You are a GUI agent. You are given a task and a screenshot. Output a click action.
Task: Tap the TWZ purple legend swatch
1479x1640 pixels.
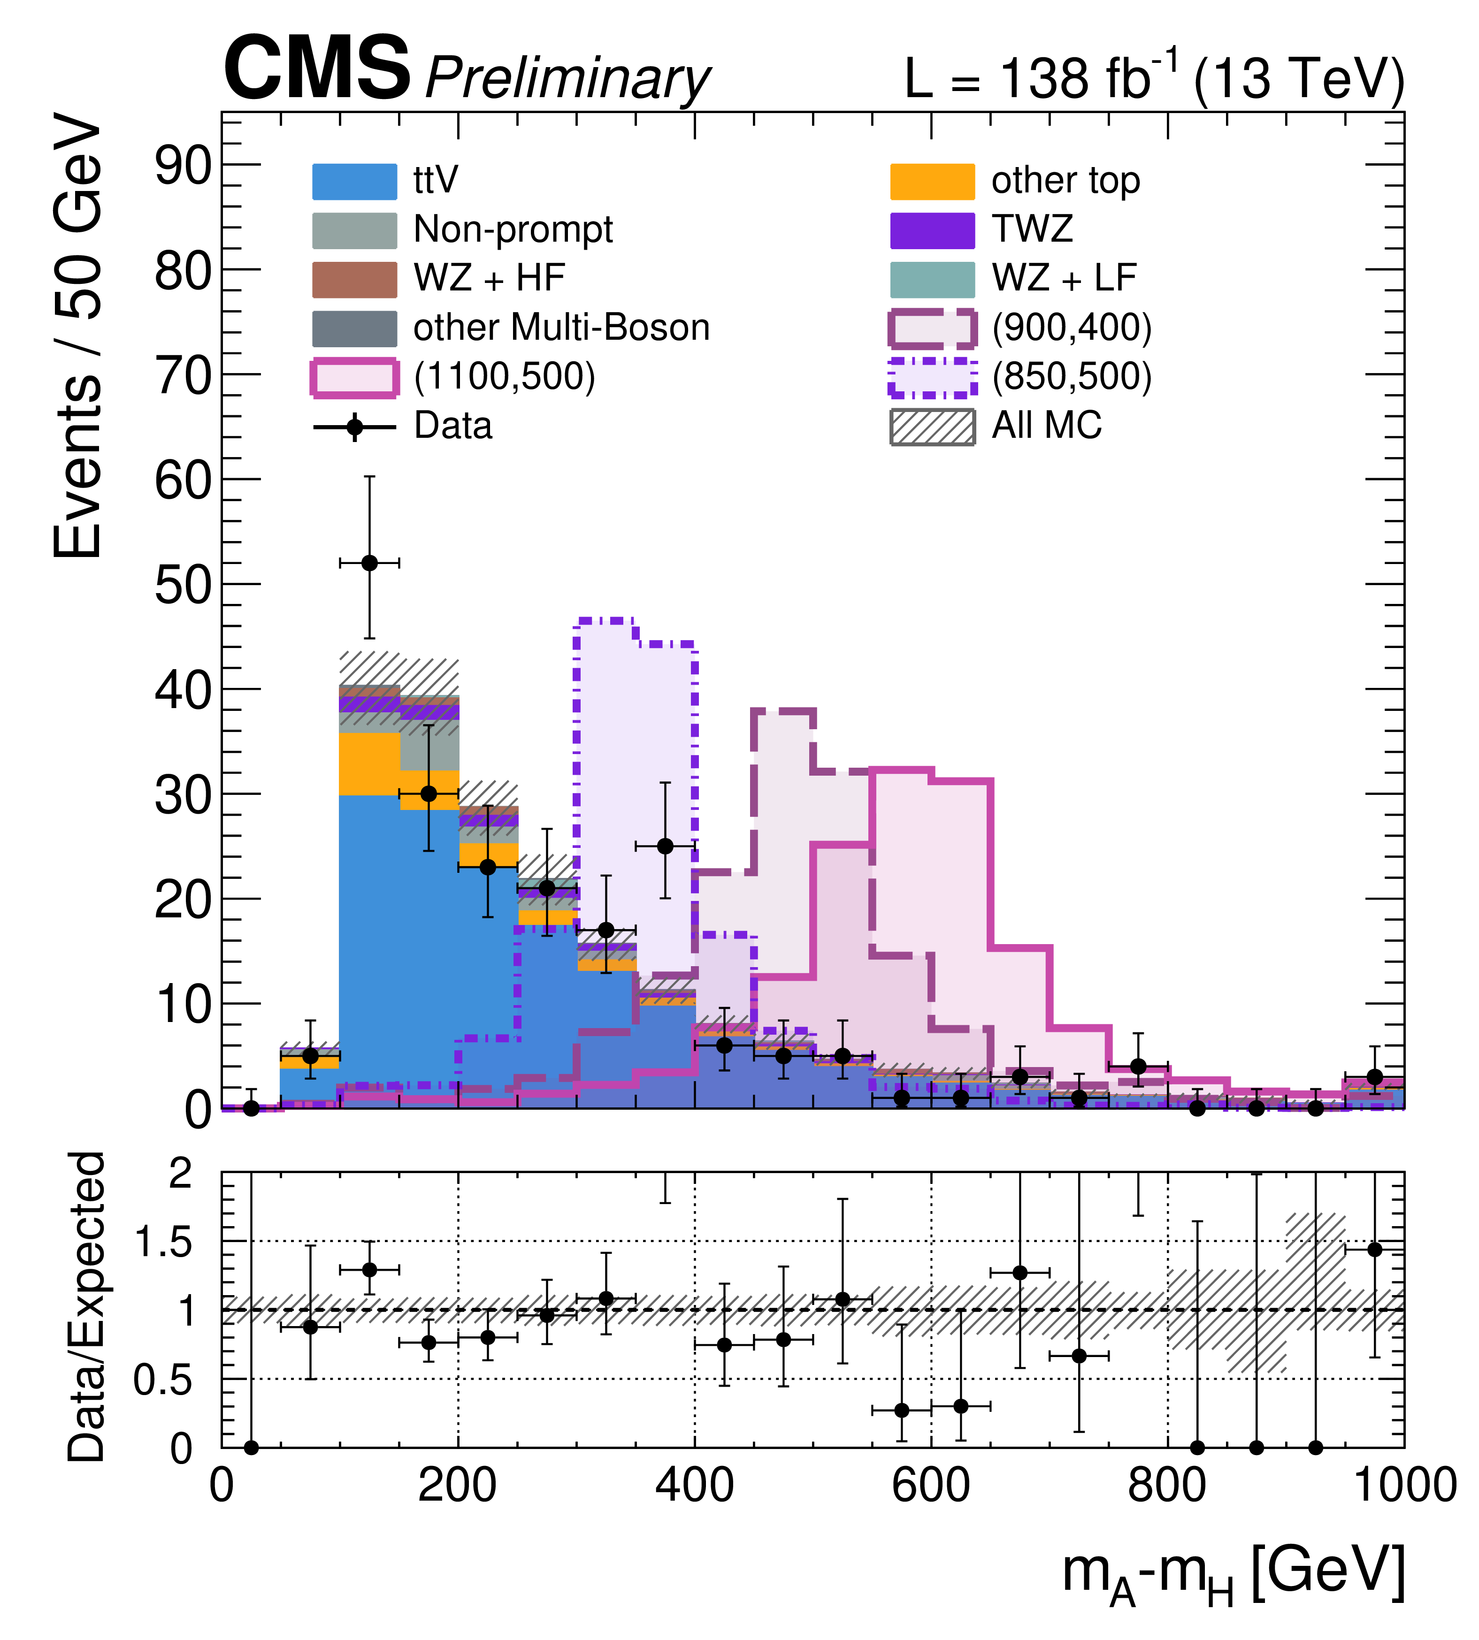point(932,230)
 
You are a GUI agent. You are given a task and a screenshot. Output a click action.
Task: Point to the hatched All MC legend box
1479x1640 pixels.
point(932,427)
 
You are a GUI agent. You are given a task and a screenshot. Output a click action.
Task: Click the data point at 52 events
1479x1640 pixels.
point(369,563)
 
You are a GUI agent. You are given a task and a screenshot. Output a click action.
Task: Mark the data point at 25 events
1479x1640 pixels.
point(665,846)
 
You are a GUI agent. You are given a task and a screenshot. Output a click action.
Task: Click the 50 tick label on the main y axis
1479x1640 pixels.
point(183,585)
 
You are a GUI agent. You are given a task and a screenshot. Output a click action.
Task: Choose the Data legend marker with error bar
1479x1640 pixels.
point(354,427)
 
